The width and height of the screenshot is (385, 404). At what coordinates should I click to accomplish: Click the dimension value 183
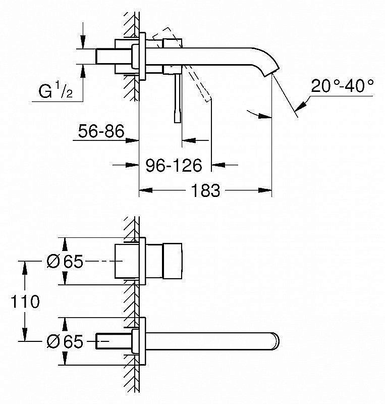coord(206,190)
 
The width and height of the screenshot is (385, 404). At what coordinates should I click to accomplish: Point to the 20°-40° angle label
coord(343,85)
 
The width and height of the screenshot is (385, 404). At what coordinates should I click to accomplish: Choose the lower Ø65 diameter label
coord(64,342)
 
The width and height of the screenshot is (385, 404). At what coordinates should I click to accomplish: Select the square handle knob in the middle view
coord(164,261)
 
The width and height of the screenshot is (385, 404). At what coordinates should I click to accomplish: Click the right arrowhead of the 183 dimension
coord(267,190)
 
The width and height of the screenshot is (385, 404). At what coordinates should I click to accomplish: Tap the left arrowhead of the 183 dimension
coord(143,190)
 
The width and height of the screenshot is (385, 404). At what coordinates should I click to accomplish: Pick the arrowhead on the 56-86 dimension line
coord(134,140)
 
